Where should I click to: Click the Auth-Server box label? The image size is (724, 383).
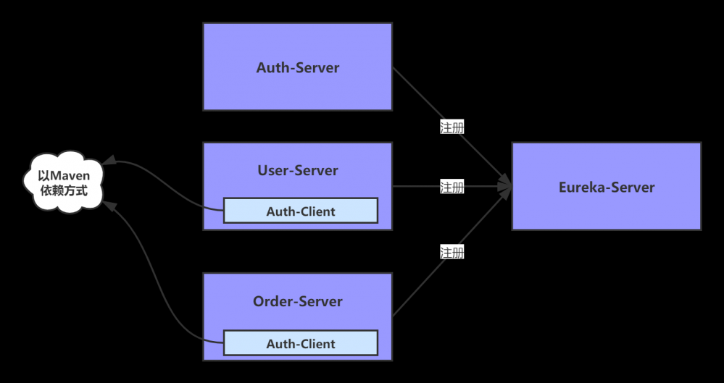[x=297, y=68]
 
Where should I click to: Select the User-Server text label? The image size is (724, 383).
[x=297, y=171]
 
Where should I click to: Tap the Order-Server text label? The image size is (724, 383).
[x=297, y=301]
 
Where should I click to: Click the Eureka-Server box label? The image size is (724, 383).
[x=607, y=188]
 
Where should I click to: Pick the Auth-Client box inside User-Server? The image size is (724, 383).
[x=300, y=211]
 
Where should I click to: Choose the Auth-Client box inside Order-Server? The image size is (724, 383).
[x=300, y=343]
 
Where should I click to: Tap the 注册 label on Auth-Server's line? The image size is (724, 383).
[x=452, y=127]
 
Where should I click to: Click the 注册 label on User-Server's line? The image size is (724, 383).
[x=452, y=188]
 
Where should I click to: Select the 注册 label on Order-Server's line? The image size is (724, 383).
[x=452, y=252]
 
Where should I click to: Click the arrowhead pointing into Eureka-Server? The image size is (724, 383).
[x=505, y=188]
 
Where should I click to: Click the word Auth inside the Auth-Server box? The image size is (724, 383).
[x=272, y=68]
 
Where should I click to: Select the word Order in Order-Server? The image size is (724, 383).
[x=272, y=301]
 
